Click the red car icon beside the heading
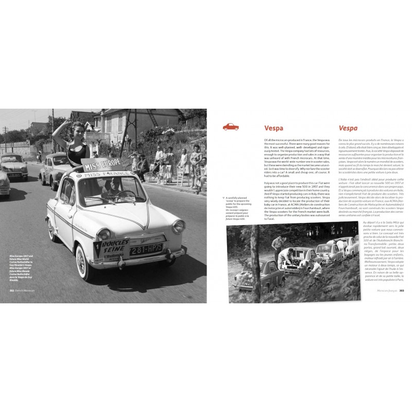coord(230,127)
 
